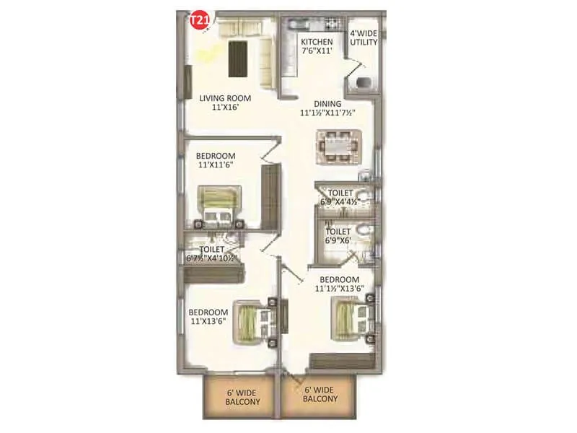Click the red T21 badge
point(198,21)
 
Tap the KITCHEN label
point(317,42)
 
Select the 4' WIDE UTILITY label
point(364,38)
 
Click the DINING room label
point(327,103)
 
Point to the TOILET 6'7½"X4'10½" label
point(211,253)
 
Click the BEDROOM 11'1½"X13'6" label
point(339,284)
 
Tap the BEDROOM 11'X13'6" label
point(208,317)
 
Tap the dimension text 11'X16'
point(225,106)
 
